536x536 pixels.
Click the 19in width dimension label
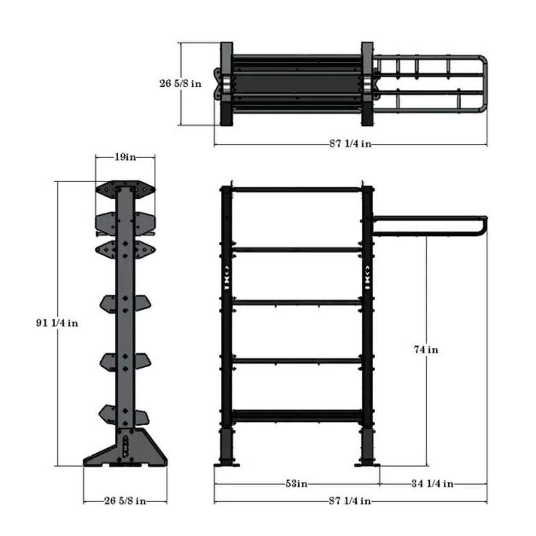tap(125, 157)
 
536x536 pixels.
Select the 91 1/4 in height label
tap(55, 323)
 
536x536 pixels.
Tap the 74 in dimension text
tap(426, 349)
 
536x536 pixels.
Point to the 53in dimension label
tap(296, 483)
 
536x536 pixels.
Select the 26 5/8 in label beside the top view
tap(181, 84)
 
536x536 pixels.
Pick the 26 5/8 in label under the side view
tap(124, 501)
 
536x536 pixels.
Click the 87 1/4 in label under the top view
tap(350, 144)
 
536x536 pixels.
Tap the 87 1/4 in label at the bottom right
tap(350, 501)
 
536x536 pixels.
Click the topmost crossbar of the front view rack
tap(297, 189)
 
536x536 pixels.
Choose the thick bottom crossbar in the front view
tap(297, 415)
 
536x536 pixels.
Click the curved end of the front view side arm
tap(484, 226)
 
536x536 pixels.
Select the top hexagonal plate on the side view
tap(125, 189)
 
